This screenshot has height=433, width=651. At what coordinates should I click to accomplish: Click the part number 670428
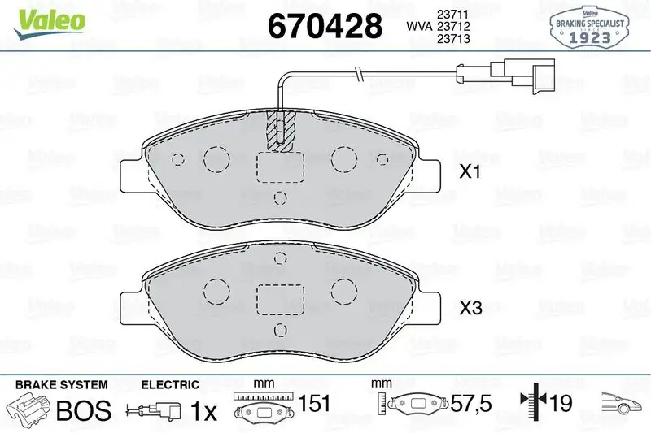click(325, 25)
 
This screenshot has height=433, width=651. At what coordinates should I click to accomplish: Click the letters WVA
click(420, 28)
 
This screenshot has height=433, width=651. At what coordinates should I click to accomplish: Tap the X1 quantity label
click(471, 173)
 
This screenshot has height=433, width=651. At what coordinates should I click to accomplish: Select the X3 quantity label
click(471, 308)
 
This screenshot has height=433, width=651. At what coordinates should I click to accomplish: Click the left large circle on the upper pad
click(217, 159)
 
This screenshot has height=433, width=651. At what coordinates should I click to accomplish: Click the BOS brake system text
click(83, 411)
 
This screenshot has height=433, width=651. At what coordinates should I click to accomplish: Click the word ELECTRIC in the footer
click(169, 383)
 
